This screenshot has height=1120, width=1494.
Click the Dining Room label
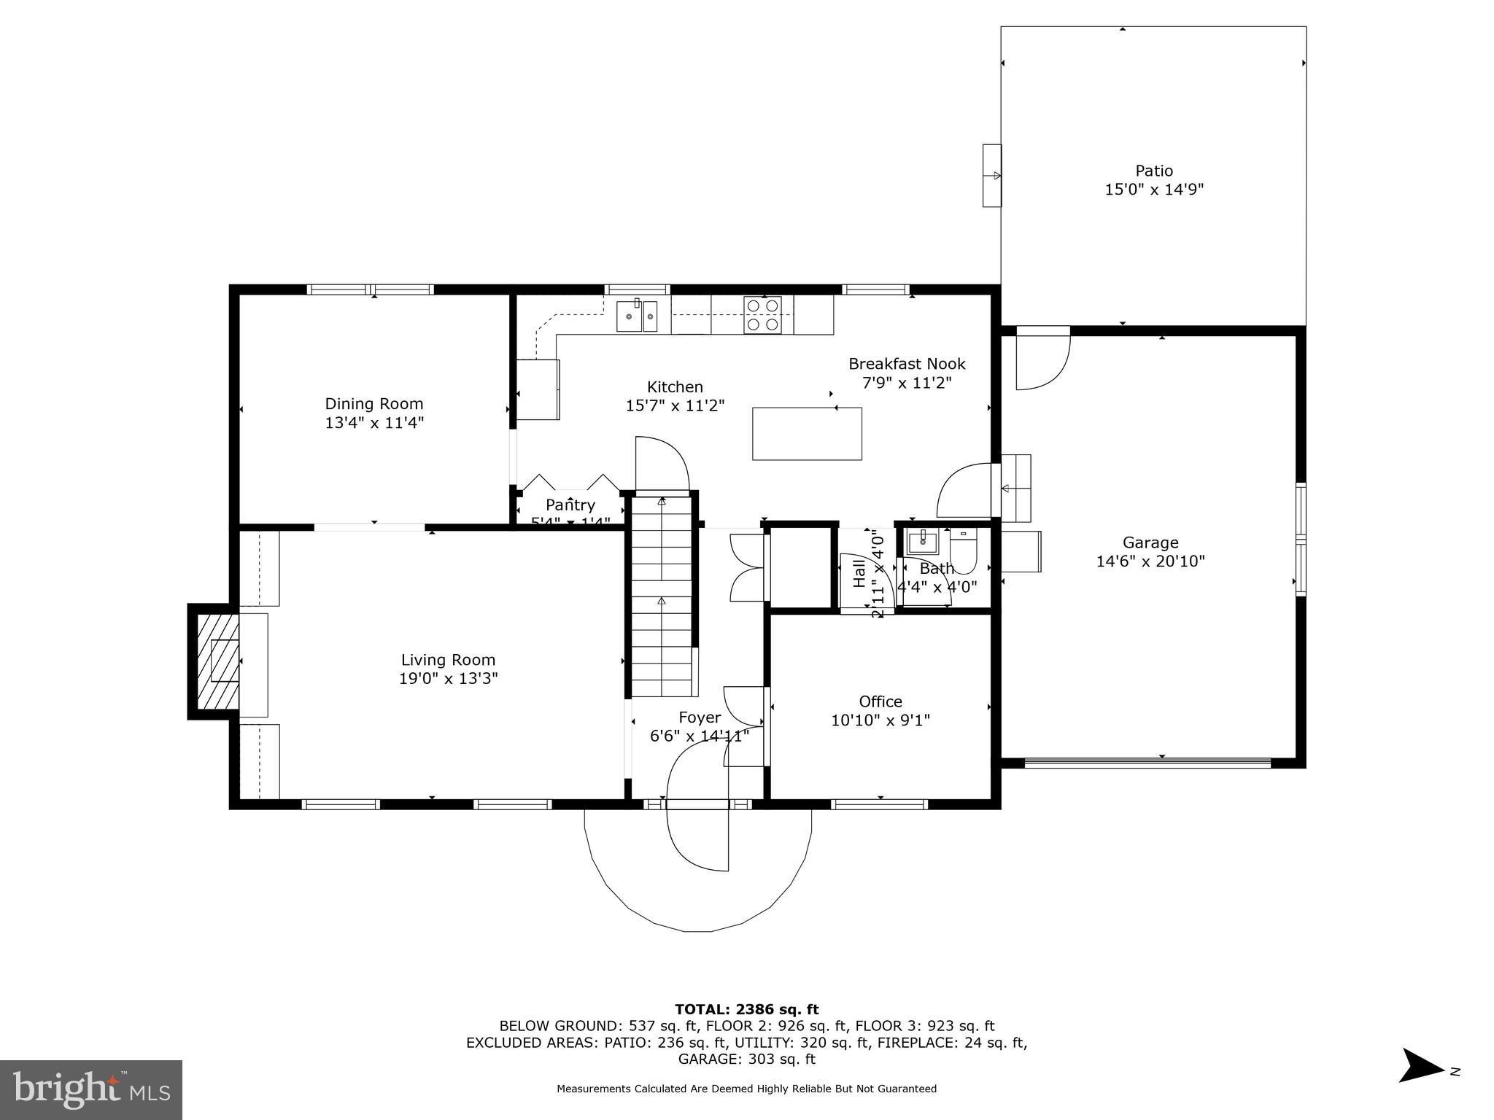tap(373, 403)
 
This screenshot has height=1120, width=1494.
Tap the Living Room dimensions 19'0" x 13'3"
tap(448, 679)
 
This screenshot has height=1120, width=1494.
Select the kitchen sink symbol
tap(637, 316)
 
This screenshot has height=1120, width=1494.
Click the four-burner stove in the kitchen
tap(762, 315)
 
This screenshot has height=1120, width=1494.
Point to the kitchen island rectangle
tap(807, 434)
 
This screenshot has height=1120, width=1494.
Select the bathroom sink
tap(923, 542)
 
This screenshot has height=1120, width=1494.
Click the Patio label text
tap(1153, 171)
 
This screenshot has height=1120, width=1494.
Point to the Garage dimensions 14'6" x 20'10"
tap(1150, 561)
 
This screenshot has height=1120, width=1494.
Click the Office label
tap(880, 701)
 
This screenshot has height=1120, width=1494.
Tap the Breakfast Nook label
tap(907, 364)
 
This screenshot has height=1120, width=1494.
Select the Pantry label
tap(570, 505)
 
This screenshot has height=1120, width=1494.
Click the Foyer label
tap(700, 717)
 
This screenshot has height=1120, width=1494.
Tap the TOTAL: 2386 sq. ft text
tap(746, 1010)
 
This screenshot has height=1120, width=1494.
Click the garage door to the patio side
tap(1043, 359)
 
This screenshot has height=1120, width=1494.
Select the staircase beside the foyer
tap(661, 594)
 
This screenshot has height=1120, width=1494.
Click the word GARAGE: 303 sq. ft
tap(746, 1059)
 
